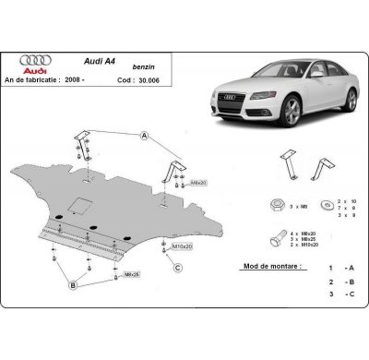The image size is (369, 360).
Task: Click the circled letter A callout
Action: (144, 136)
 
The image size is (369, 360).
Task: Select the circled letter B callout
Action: (71, 286)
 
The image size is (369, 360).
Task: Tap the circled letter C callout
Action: (176, 268)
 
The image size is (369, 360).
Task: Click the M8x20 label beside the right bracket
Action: (196, 183)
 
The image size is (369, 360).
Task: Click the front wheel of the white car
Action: (293, 111)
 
